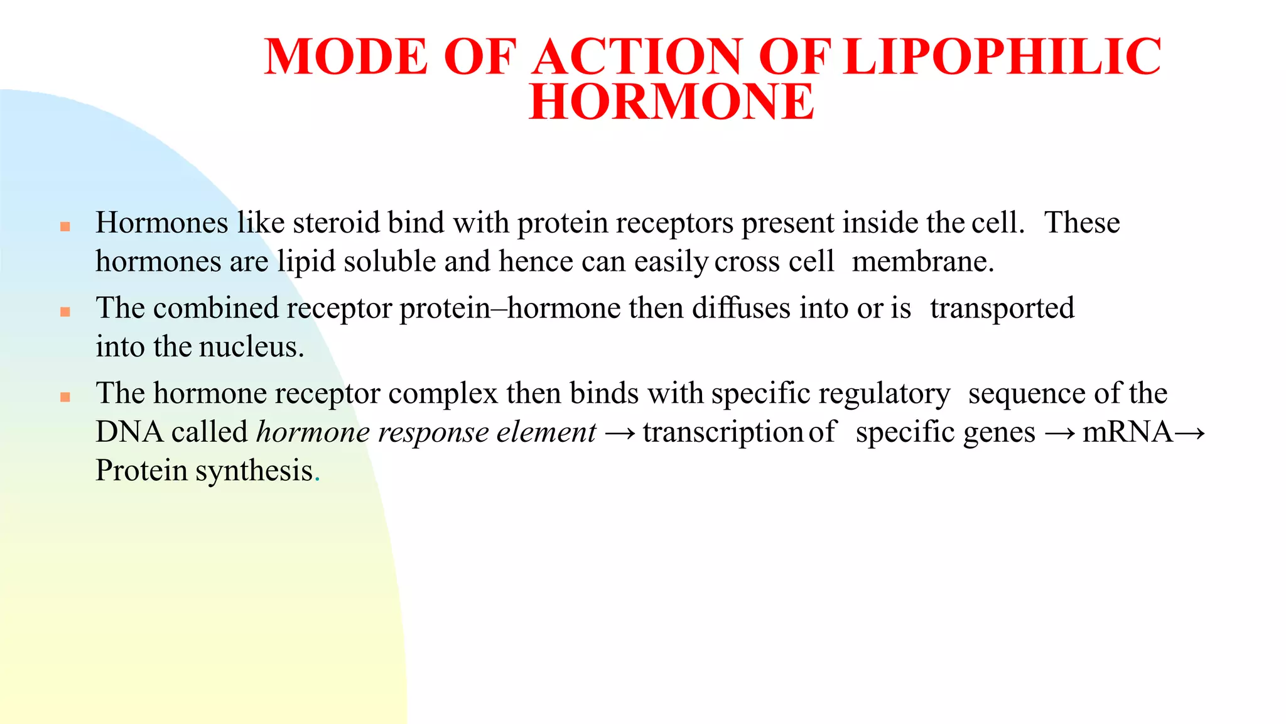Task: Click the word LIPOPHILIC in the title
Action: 1002,57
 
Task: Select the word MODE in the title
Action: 346,57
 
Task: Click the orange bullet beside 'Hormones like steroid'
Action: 65,227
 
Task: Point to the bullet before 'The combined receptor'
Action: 65,312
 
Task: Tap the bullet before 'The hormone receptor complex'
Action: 65,397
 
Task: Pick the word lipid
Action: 306,262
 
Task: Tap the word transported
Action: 1002,309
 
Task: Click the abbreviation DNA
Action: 129,433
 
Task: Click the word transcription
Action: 723,433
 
